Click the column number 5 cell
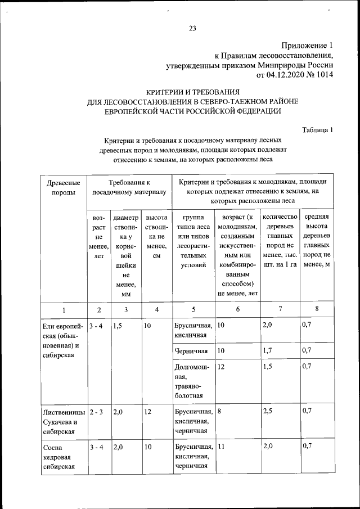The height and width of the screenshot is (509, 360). coord(193,309)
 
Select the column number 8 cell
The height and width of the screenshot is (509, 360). coord(317,309)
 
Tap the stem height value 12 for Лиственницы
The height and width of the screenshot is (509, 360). coord(148,411)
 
